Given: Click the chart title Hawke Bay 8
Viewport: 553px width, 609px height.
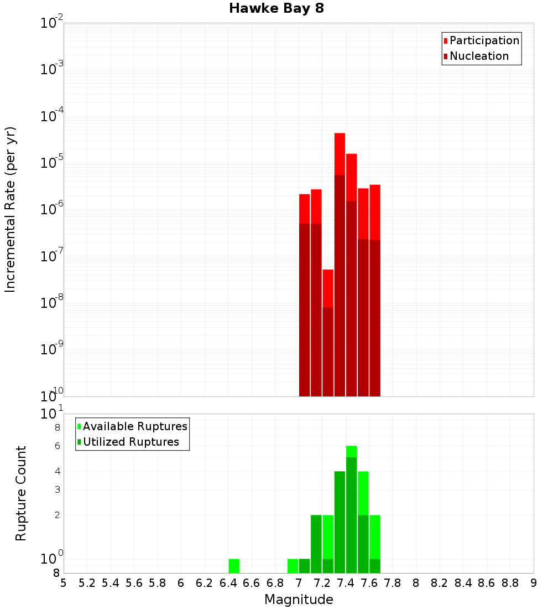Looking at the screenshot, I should coord(276,9).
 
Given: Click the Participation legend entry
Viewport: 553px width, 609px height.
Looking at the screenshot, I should coord(484,40).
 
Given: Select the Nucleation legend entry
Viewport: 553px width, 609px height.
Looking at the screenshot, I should coord(478,56).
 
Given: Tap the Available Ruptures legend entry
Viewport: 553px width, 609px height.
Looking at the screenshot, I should coord(134,426).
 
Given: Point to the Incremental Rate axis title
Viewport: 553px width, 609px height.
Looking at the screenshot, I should coord(11,209).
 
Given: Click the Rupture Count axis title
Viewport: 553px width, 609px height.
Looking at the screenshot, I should coord(21,493).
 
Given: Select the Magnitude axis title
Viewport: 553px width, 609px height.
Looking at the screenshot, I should coord(299,600).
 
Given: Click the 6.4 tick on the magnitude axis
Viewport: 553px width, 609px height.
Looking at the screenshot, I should coord(228,583).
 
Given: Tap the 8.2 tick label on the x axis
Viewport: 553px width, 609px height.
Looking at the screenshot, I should coord(440,583).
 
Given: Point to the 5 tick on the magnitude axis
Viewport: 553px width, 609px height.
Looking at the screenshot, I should coord(64,583).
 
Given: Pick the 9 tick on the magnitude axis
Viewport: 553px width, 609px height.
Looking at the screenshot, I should coord(534,583).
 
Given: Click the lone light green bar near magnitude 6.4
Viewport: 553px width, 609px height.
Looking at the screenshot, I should coord(234,566).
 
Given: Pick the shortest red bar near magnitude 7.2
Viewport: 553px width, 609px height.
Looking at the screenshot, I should coord(328,288).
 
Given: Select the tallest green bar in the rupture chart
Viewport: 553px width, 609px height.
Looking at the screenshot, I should coord(351,509).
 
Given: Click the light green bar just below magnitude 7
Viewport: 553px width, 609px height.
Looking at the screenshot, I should coord(293,566).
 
